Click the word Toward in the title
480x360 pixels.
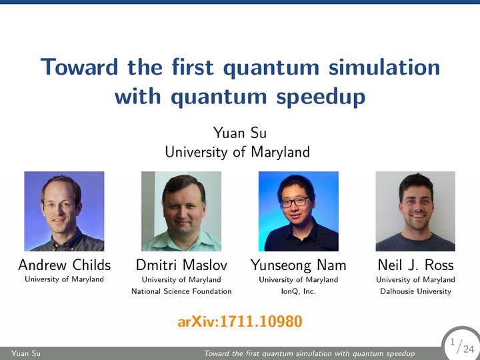(79, 67)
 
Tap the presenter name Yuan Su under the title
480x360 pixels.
(240, 133)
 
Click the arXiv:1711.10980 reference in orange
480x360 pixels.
(240, 321)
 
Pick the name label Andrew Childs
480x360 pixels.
(64, 265)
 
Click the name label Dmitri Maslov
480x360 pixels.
(181, 265)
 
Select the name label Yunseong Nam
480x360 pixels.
(299, 265)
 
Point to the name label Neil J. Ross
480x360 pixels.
(415, 265)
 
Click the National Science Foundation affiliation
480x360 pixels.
(181, 291)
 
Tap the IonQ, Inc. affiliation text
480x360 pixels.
(299, 291)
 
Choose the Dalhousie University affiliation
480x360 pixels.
(415, 291)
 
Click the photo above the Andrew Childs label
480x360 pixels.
(64, 211)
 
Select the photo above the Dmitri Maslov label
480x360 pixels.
(181, 211)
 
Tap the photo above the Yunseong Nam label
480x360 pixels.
(299, 211)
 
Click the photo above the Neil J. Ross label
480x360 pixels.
(415, 211)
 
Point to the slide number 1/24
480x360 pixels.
(462, 346)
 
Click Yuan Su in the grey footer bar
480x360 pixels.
(26, 353)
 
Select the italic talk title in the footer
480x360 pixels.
(309, 353)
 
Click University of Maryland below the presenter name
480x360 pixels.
(237, 152)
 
